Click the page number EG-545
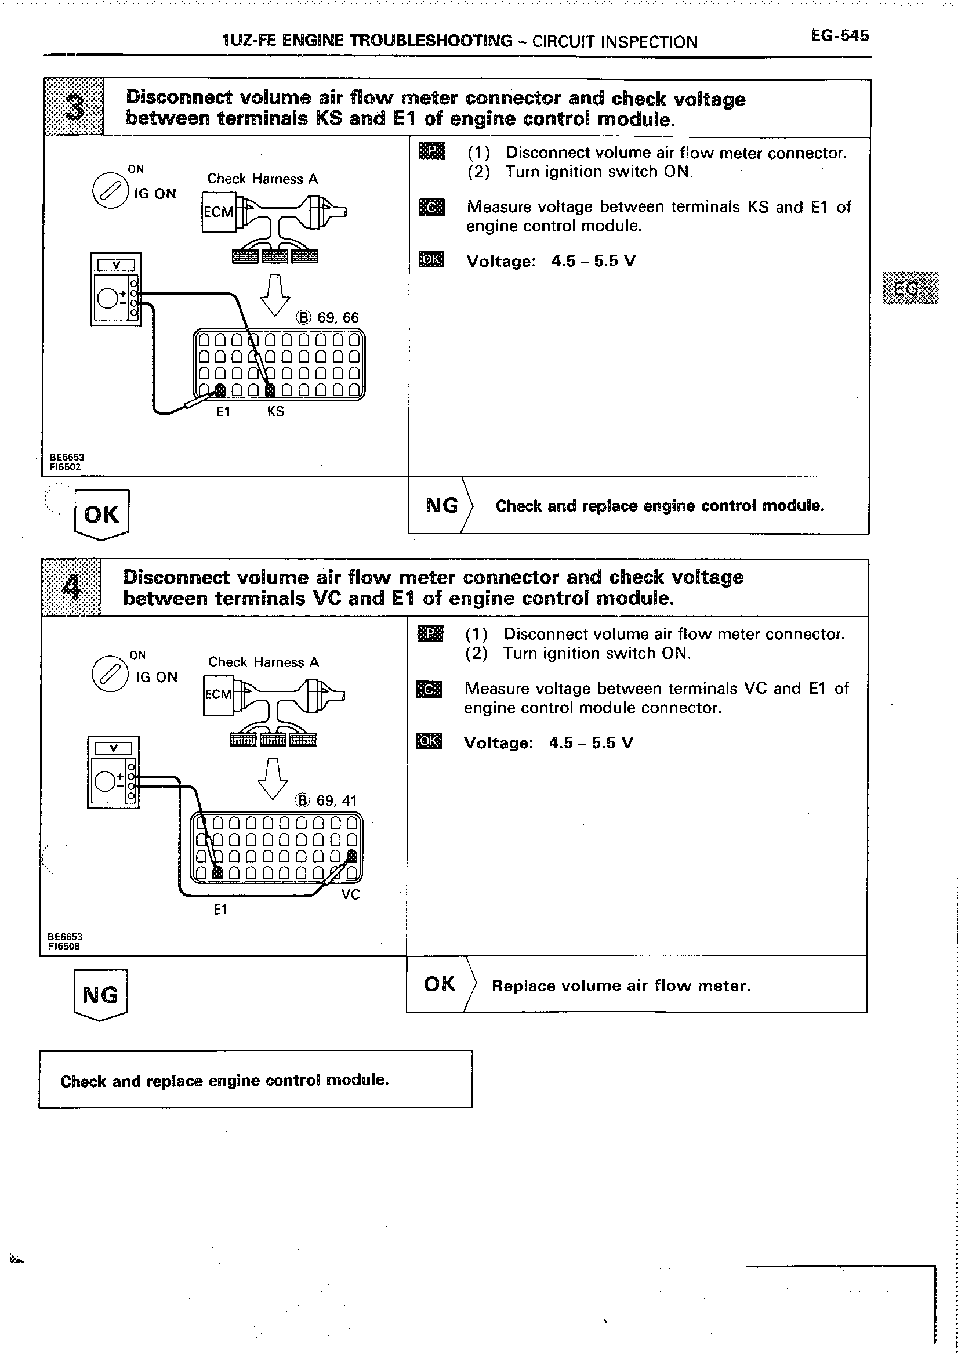[x=839, y=36]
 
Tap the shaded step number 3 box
[x=74, y=107]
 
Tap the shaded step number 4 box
[x=71, y=588]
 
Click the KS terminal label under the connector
[x=275, y=411]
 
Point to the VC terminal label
[x=351, y=894]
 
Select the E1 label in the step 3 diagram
[x=223, y=411]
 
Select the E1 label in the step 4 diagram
[x=220, y=910]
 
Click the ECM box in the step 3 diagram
[x=219, y=212]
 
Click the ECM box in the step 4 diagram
[x=219, y=694]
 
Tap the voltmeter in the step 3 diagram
[x=115, y=289]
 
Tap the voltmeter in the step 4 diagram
[x=113, y=772]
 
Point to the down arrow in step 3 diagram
[x=275, y=295]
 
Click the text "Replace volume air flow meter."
[x=621, y=986]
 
